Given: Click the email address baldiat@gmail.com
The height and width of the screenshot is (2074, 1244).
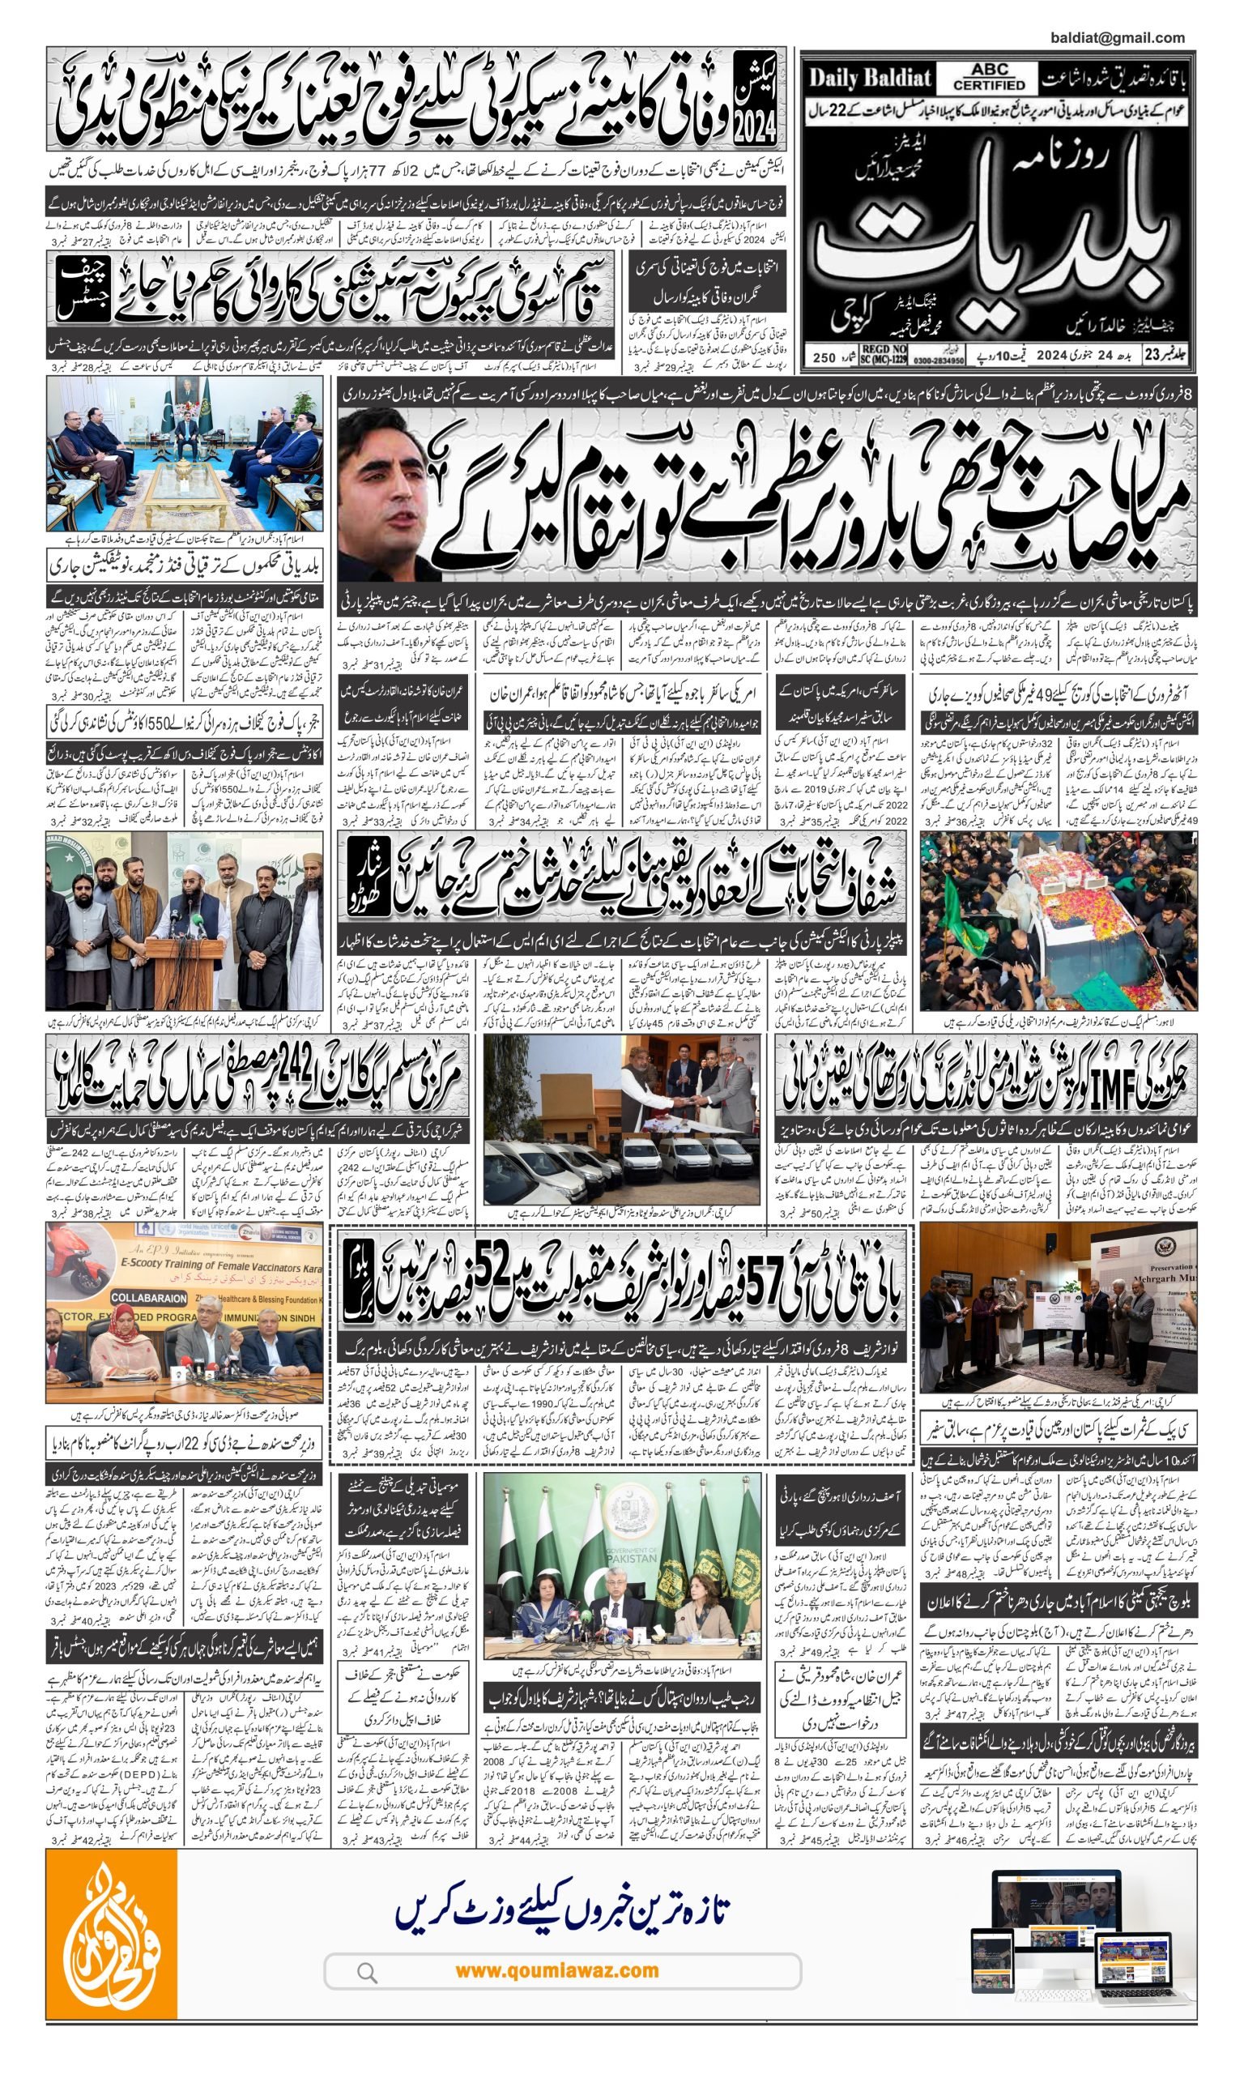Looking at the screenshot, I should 1117,38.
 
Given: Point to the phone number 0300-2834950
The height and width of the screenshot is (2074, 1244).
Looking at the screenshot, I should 939,360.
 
